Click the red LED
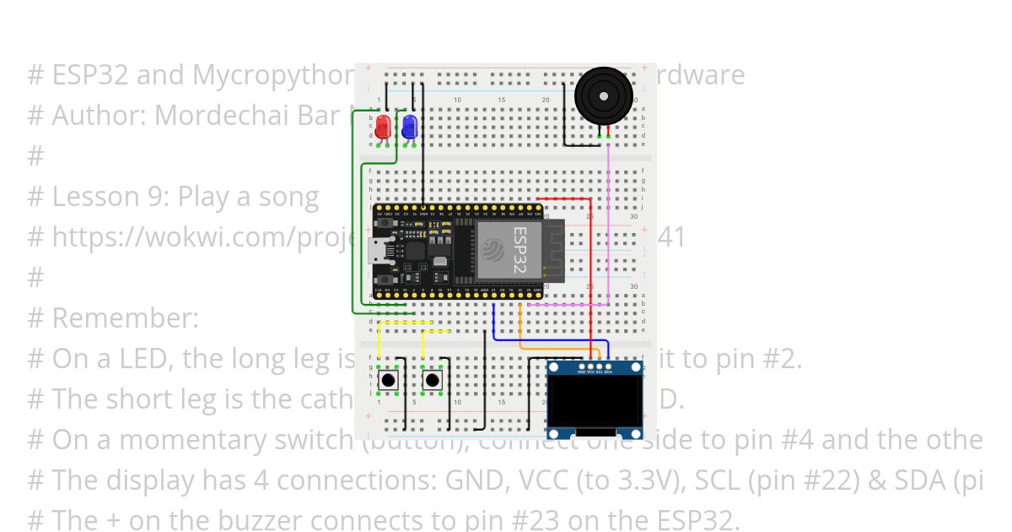point(382,128)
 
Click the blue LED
point(409,128)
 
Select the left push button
point(389,381)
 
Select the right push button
point(433,381)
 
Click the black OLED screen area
point(595,402)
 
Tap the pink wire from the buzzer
point(608,220)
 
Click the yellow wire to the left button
point(406,323)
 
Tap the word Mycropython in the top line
point(271,75)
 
